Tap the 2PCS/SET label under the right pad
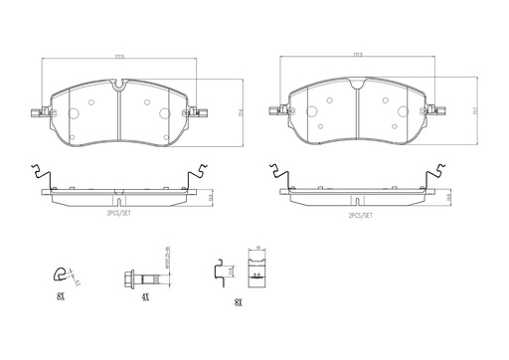click(x=361, y=213)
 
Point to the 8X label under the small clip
click(x=63, y=297)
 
